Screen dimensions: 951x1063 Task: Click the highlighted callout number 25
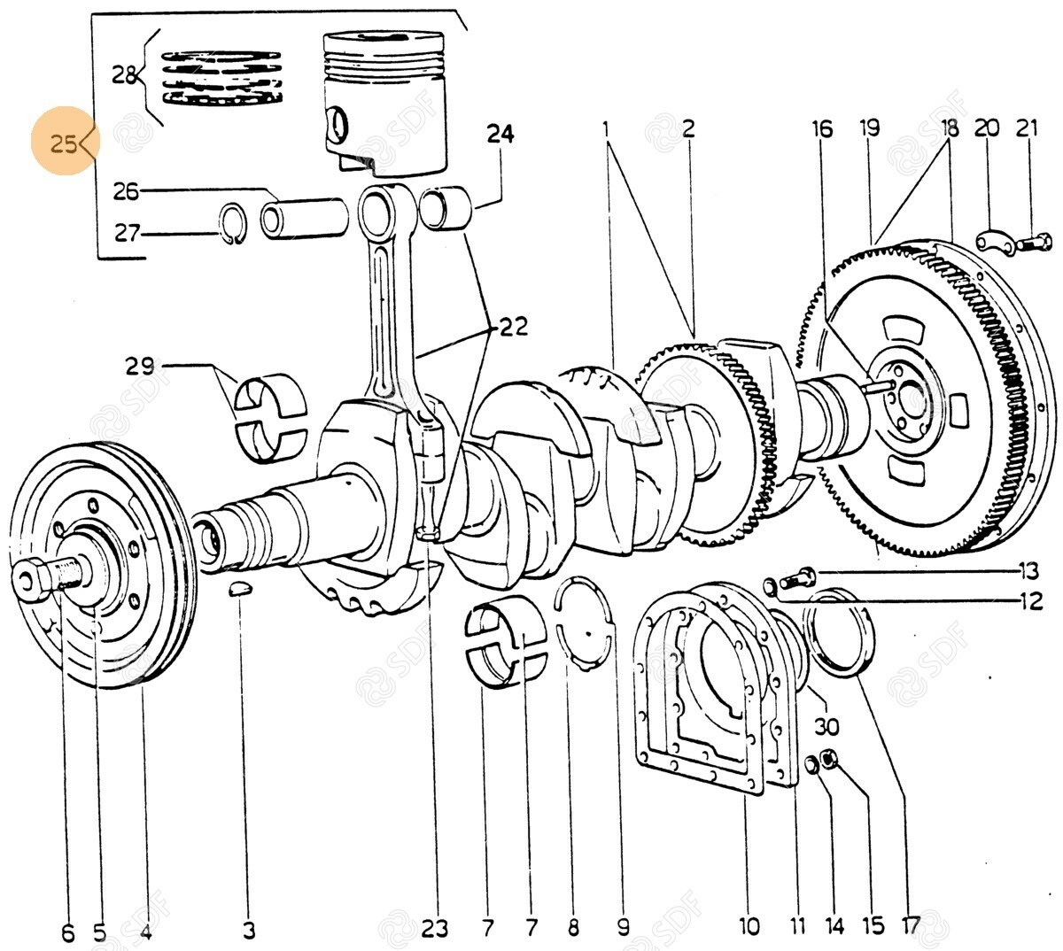click(x=64, y=143)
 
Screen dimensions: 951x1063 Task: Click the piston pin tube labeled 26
click(x=303, y=218)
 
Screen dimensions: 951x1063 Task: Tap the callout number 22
click(x=512, y=328)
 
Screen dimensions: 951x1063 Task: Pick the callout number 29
click(x=140, y=365)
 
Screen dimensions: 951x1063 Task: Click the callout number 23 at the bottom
click(x=435, y=928)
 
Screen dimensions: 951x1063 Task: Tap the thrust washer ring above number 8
click(x=584, y=624)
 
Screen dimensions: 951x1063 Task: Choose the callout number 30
click(x=826, y=726)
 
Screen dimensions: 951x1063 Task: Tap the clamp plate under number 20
click(x=991, y=240)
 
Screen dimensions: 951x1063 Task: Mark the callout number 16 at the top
click(x=821, y=129)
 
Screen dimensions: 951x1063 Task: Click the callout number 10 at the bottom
click(x=749, y=926)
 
